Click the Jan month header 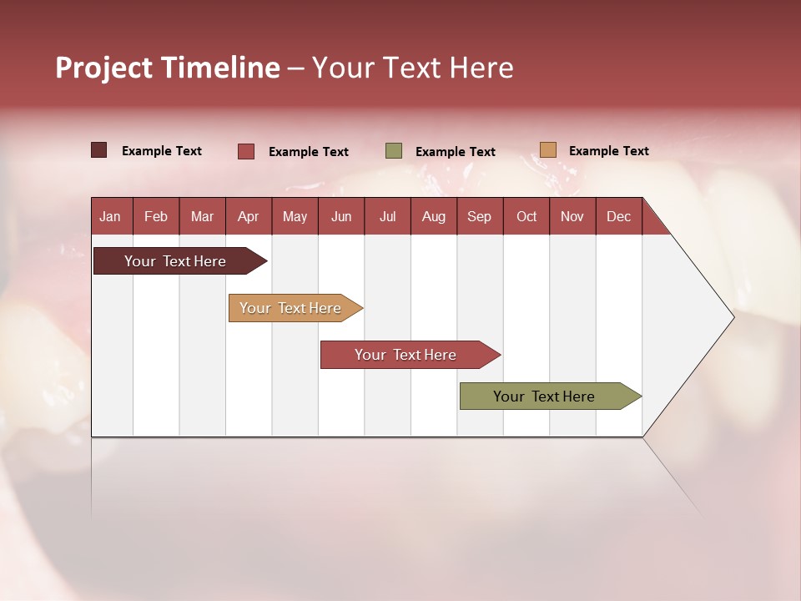click(110, 216)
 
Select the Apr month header click(249, 216)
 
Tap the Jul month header click(387, 216)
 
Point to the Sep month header click(479, 216)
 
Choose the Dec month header click(618, 216)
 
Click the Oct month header click(526, 216)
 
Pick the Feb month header click(156, 216)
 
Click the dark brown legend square click(98, 150)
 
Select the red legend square click(245, 151)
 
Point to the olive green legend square click(394, 151)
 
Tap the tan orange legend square click(547, 150)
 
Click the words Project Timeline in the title click(167, 68)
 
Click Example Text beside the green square click(455, 152)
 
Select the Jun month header click(341, 216)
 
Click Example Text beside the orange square click(608, 151)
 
